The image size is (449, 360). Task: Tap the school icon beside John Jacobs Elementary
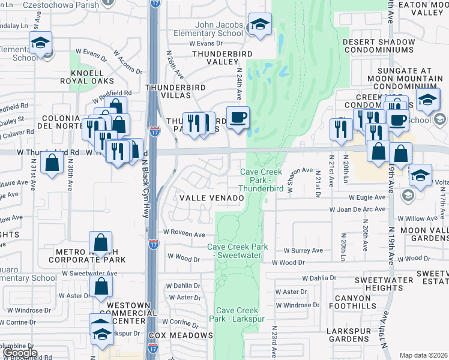pyautogui.click(x=259, y=25)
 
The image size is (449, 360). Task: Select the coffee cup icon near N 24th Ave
pyautogui.click(x=237, y=117)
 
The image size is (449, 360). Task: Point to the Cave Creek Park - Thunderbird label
pyautogui.click(x=261, y=180)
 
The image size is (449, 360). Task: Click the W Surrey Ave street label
pyautogui.click(x=303, y=250)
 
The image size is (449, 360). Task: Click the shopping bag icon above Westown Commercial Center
pyautogui.click(x=101, y=287)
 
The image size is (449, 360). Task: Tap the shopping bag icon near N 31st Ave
pyautogui.click(x=53, y=163)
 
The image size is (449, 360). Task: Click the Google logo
pyautogui.click(x=20, y=353)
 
